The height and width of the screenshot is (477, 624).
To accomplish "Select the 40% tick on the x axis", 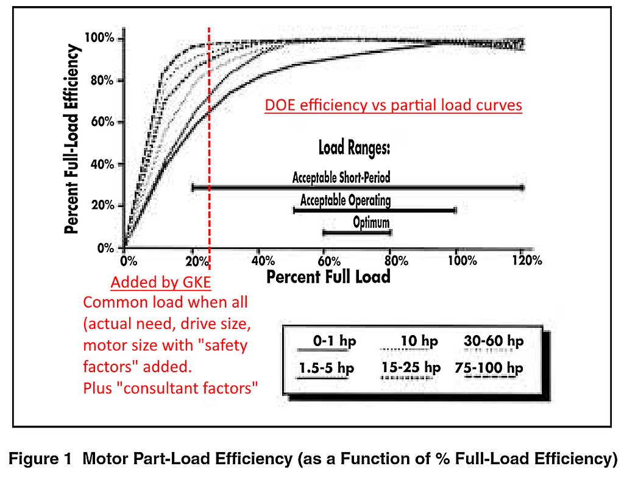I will tap(260, 261).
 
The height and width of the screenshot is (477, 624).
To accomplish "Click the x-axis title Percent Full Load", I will tap(328, 277).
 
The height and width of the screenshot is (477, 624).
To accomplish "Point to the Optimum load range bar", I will tap(357, 232).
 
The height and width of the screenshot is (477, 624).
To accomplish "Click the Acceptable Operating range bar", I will tap(375, 210).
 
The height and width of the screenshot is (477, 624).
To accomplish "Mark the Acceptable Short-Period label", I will tap(341, 178).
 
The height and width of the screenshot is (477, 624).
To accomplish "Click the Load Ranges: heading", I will tap(354, 148).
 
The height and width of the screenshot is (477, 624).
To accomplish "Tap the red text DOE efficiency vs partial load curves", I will tap(393, 105).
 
